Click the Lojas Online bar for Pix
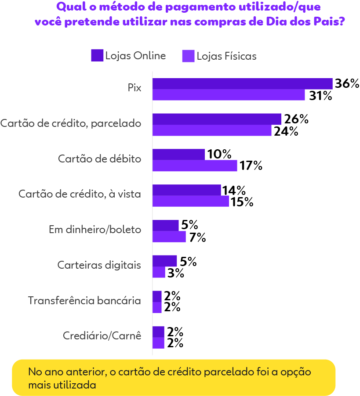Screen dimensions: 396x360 pyautogui.click(x=242, y=84)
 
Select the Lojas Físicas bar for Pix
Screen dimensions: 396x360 pyautogui.click(x=229, y=95)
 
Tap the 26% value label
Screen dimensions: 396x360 pyautogui.click(x=295, y=119)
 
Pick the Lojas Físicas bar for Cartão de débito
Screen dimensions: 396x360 pyautogui.click(x=195, y=166)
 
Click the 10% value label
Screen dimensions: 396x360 pyautogui.click(x=219, y=155)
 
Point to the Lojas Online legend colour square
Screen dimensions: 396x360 pyautogui.click(x=97, y=56)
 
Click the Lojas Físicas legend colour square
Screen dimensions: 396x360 pyautogui.click(x=188, y=56)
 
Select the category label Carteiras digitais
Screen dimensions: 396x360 pyautogui.click(x=99, y=265)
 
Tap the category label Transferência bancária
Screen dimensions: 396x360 pyautogui.click(x=84, y=301)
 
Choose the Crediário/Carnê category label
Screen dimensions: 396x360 pyautogui.click(x=102, y=336)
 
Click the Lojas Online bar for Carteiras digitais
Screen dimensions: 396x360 pyautogui.click(x=165, y=261)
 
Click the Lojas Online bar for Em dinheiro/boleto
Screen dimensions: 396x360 pyautogui.click(x=166, y=225)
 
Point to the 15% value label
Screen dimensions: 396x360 pyautogui.click(x=242, y=202)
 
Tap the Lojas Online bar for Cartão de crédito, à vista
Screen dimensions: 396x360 pyautogui.click(x=186, y=190)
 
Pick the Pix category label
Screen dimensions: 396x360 pyautogui.click(x=135, y=87)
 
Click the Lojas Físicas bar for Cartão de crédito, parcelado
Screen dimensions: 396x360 pyautogui.click(x=212, y=130)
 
